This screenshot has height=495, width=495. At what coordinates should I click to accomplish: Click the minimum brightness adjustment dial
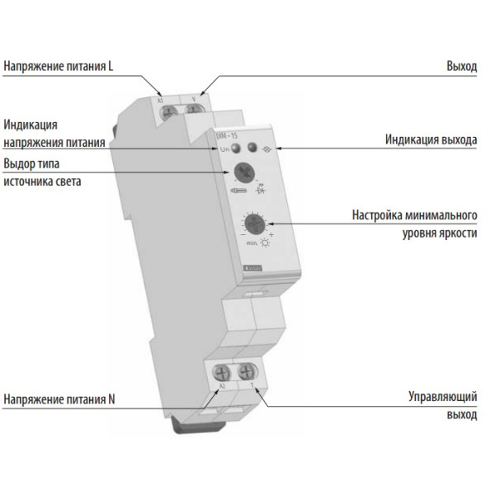pos(253,223)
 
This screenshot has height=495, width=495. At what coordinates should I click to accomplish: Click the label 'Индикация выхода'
pos(431,140)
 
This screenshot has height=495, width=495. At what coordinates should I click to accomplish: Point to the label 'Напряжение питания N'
pos(59,401)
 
